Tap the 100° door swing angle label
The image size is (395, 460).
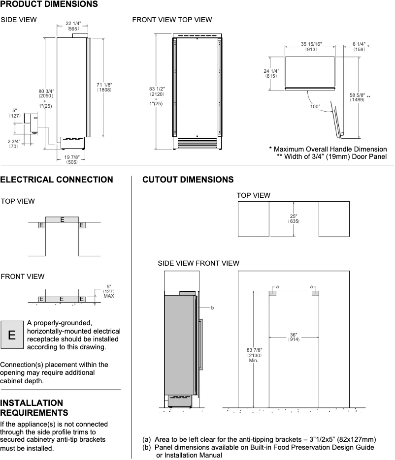(315, 106)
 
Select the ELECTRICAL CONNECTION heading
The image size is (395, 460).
(57, 180)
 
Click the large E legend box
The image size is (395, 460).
(12, 335)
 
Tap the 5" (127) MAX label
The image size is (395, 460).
(108, 291)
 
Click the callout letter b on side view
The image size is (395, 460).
(212, 308)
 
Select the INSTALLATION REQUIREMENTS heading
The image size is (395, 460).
(34, 407)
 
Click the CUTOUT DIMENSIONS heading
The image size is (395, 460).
(188, 180)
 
